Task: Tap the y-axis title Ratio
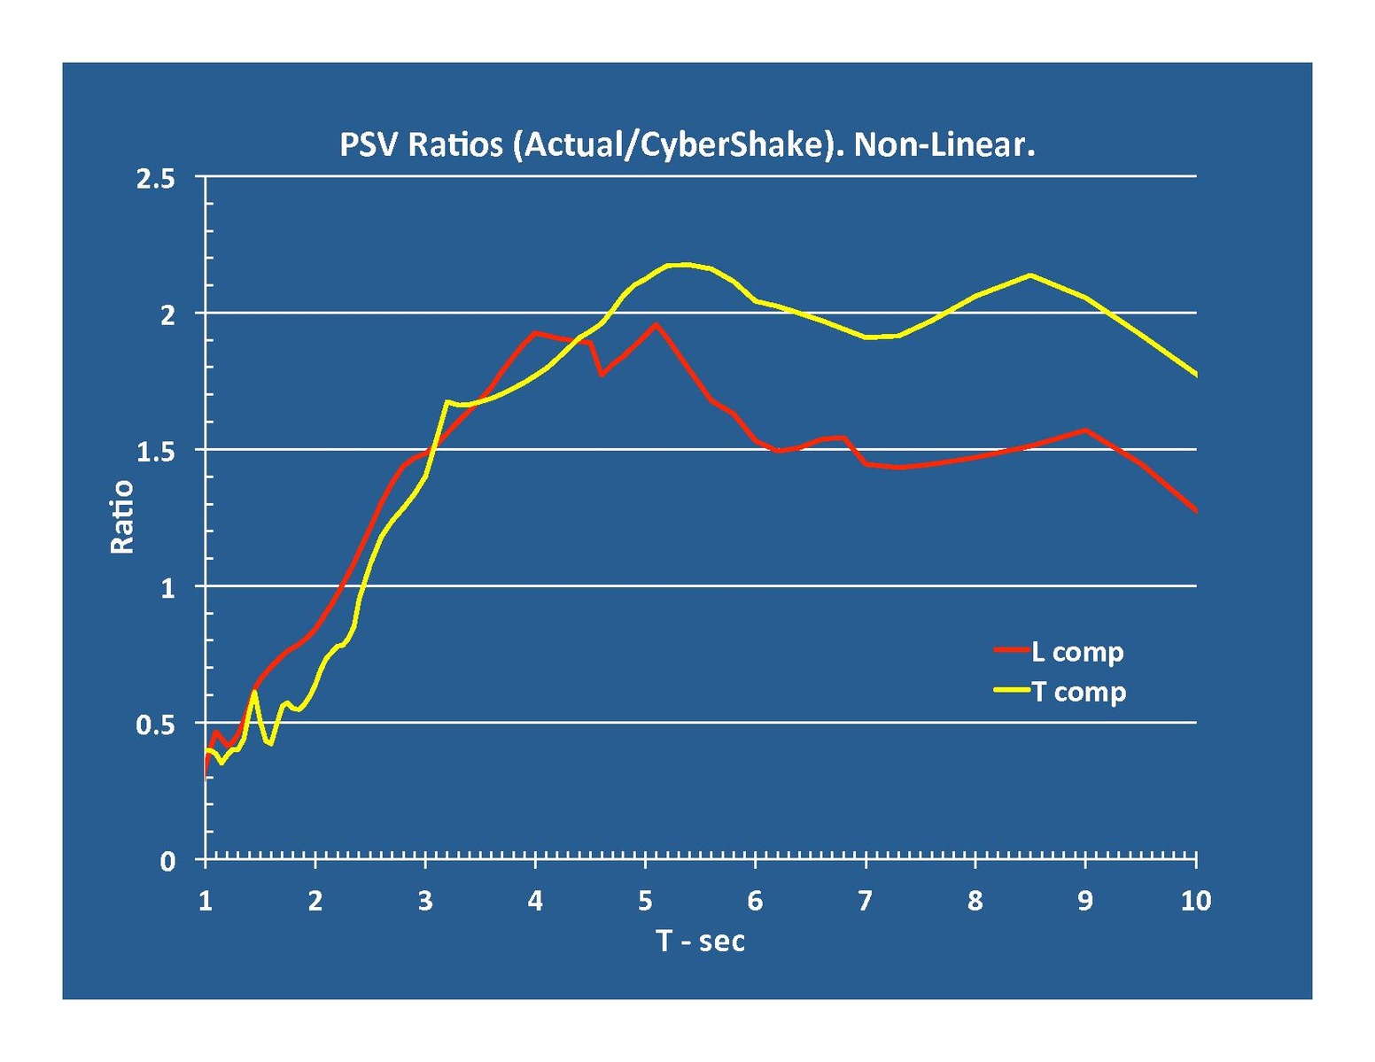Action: [121, 516]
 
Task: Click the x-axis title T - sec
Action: [700, 940]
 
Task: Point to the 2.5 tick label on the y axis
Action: [156, 178]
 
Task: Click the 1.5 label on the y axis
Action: [156, 451]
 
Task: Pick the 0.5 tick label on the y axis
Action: [156, 725]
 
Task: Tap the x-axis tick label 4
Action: [535, 902]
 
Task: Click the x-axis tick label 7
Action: [865, 902]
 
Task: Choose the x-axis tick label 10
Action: [1195, 902]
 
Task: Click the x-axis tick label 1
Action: [206, 902]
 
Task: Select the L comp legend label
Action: [1077, 652]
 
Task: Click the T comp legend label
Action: [1078, 692]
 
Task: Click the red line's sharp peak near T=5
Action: [656, 324]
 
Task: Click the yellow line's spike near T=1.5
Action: [254, 692]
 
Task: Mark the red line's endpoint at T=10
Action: [1196, 511]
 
